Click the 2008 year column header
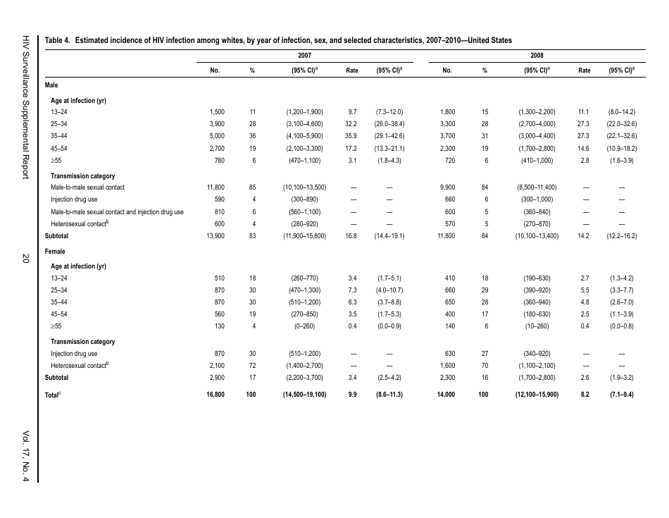537,54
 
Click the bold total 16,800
215,395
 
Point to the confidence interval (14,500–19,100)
304,395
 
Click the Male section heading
51,85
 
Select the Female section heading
55,251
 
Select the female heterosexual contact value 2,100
216,366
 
